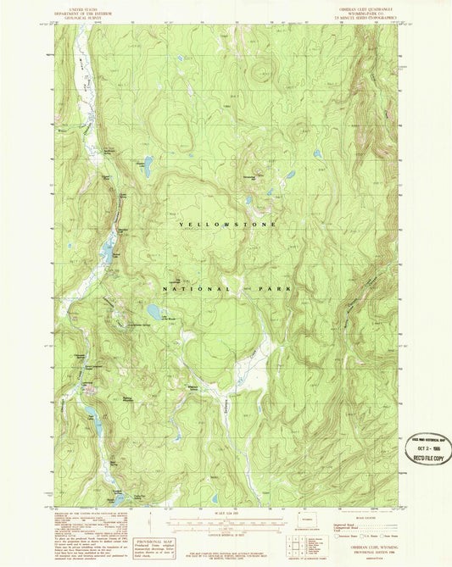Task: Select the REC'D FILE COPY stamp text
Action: point(427,462)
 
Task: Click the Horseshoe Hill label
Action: point(250,176)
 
